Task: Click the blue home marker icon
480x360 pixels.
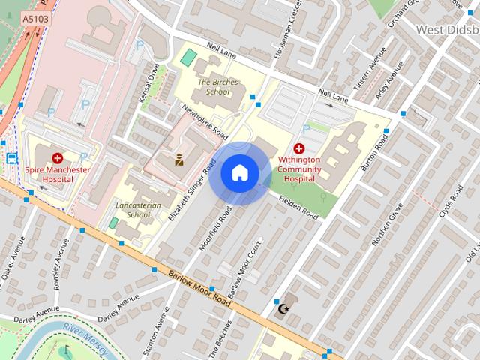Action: (239, 173)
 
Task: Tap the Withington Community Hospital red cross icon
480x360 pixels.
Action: (299, 148)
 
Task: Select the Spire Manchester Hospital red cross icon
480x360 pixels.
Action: (57, 158)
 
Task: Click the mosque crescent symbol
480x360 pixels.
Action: (283, 308)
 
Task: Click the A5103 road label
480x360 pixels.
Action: (32, 18)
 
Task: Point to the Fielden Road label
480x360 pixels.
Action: (299, 208)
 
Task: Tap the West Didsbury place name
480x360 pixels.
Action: (446, 29)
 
